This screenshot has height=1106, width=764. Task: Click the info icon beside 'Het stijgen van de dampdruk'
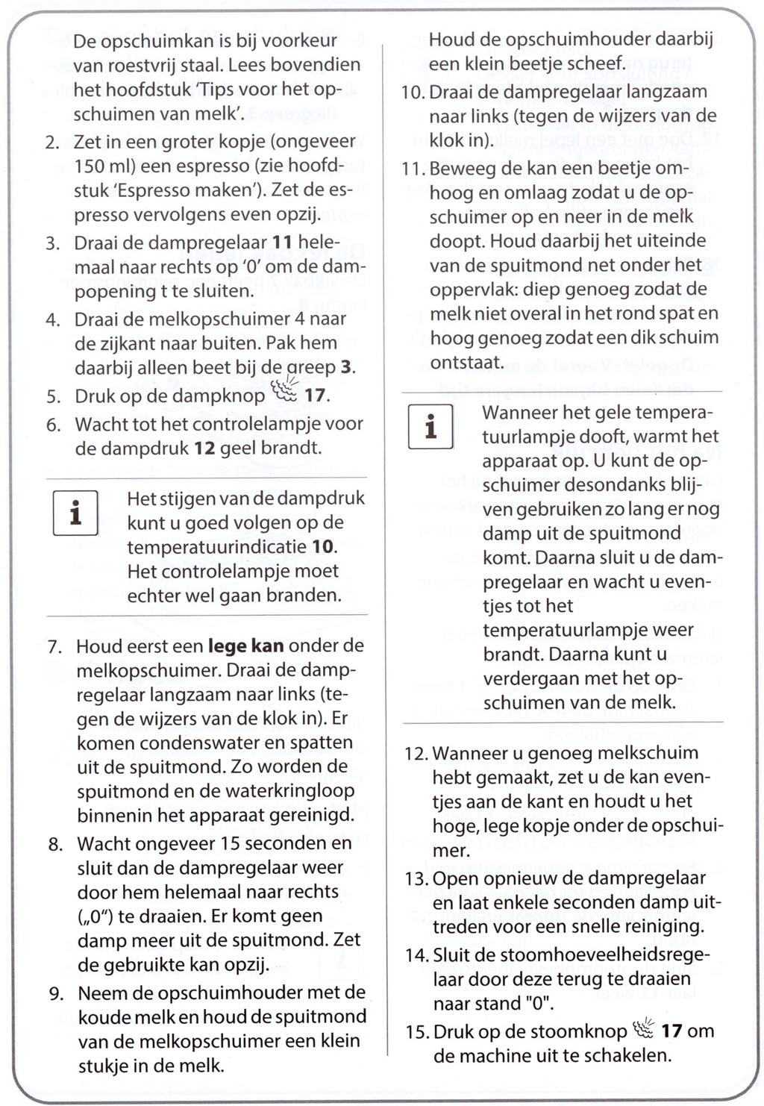click(x=75, y=513)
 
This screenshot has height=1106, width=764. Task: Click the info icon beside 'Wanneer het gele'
click(x=430, y=426)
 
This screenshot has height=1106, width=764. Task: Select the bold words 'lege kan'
click(x=245, y=646)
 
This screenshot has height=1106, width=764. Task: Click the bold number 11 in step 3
click(x=282, y=243)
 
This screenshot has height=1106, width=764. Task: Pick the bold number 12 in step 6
click(x=204, y=449)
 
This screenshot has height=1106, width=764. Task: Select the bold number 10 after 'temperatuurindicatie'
click(x=323, y=547)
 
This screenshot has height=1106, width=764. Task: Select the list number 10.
click(x=413, y=93)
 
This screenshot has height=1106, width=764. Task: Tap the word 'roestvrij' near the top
click(x=136, y=65)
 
